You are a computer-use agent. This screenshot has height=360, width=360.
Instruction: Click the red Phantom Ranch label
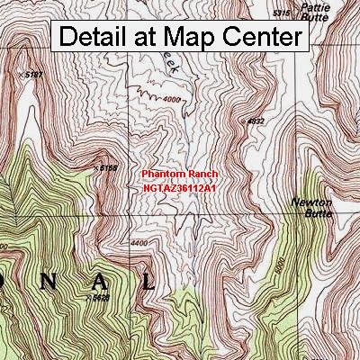coord(180,173)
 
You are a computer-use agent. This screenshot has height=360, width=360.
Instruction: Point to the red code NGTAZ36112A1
coord(180,187)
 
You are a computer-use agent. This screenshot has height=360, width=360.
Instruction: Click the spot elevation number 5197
coord(33,75)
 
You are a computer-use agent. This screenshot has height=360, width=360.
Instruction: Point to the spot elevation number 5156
coord(110,167)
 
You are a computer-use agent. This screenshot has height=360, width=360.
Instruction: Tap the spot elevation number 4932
coord(256,121)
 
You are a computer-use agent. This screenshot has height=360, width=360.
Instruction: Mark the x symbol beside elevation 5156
coord(95,166)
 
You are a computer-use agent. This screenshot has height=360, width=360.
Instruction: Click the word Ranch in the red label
coord(202,173)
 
